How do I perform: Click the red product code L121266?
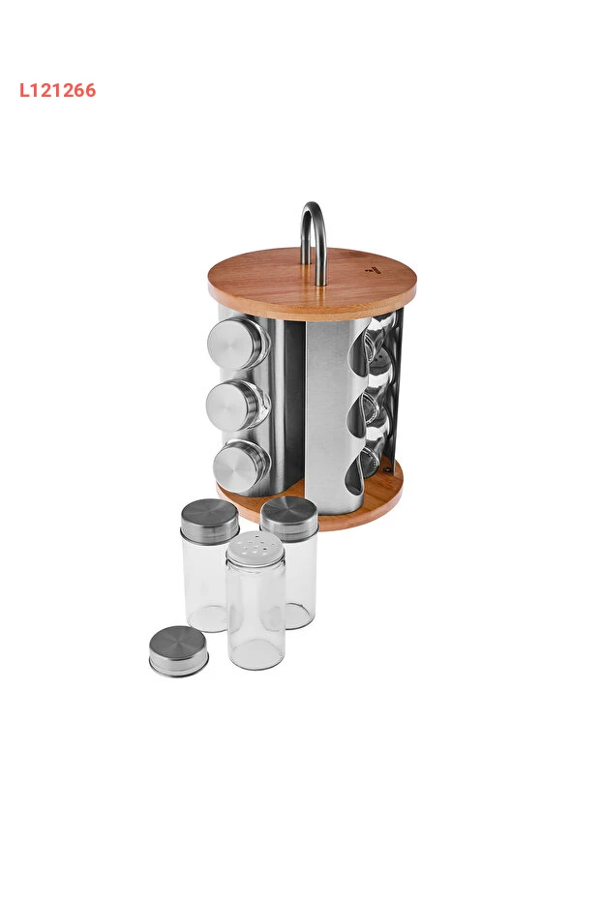pyautogui.click(x=57, y=90)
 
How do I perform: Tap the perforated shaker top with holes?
pyautogui.click(x=255, y=550)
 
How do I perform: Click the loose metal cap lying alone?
pyautogui.click(x=179, y=651)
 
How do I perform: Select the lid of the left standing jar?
pyautogui.click(x=210, y=522)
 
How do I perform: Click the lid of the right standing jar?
pyautogui.click(x=289, y=519)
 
